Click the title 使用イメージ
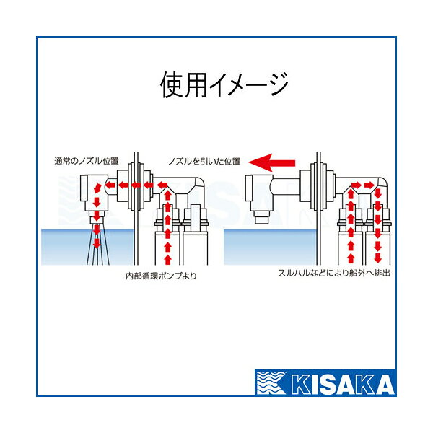[224, 84]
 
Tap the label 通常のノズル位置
[87, 161]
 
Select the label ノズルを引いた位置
[204, 161]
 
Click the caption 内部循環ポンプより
[161, 276]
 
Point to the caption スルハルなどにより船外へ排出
[334, 273]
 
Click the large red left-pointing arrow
[272, 162]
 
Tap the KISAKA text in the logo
[342, 384]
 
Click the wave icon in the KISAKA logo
[271, 383]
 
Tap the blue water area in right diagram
[270, 247]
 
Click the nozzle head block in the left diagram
[95, 193]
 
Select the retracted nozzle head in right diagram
[259, 193]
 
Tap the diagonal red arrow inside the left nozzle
[97, 188]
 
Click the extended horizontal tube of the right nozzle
[286, 187]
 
